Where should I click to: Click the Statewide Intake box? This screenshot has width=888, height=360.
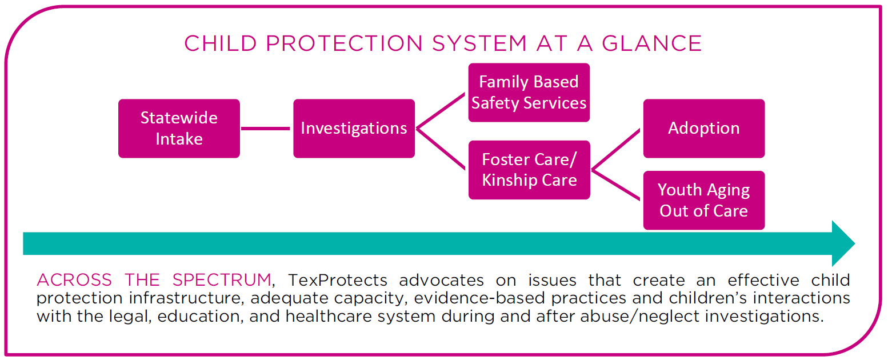[x=179, y=129]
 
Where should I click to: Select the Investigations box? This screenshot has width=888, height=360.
[x=354, y=129]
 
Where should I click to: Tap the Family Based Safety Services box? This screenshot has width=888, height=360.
[x=529, y=93]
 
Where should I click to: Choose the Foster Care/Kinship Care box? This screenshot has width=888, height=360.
[x=529, y=170]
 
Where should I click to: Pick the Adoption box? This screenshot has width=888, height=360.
[x=703, y=129]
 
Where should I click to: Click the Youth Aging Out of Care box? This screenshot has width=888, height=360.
[x=703, y=200]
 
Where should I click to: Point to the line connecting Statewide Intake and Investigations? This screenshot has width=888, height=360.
[x=266, y=129]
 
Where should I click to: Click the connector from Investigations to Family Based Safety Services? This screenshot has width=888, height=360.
[x=441, y=111]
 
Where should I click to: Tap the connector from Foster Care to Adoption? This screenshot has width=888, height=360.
[x=616, y=150]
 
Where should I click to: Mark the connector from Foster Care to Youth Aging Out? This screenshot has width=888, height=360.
[x=616, y=185]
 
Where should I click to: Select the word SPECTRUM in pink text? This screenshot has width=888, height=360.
[x=222, y=280]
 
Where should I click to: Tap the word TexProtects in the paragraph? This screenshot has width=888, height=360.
[x=338, y=280]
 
